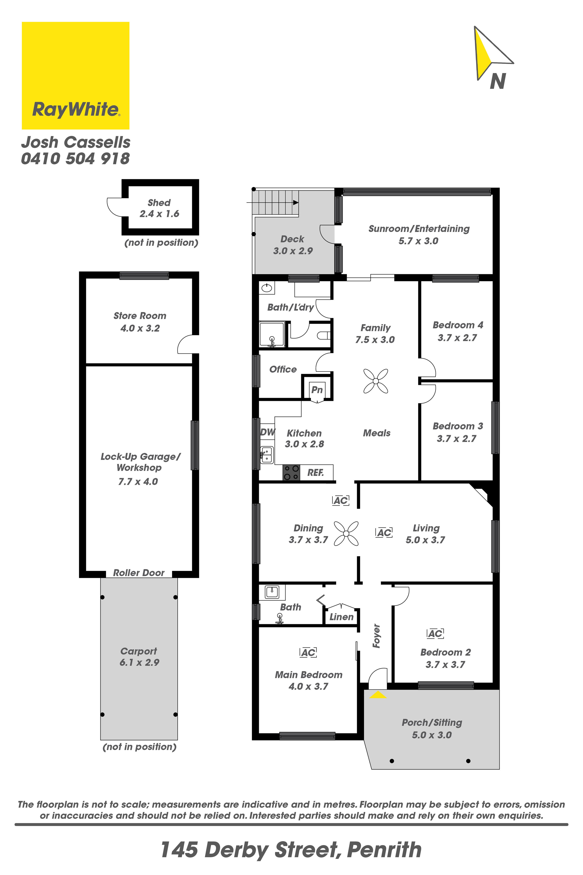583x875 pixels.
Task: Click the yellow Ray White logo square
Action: (x=75, y=76)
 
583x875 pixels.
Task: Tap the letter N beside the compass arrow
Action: (x=498, y=81)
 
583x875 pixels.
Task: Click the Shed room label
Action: (x=159, y=203)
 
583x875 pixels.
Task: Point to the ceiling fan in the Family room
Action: (x=376, y=381)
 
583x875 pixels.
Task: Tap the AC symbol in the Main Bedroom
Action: (x=308, y=652)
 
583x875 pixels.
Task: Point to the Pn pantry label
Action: (x=317, y=390)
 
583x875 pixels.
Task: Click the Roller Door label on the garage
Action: (x=139, y=573)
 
